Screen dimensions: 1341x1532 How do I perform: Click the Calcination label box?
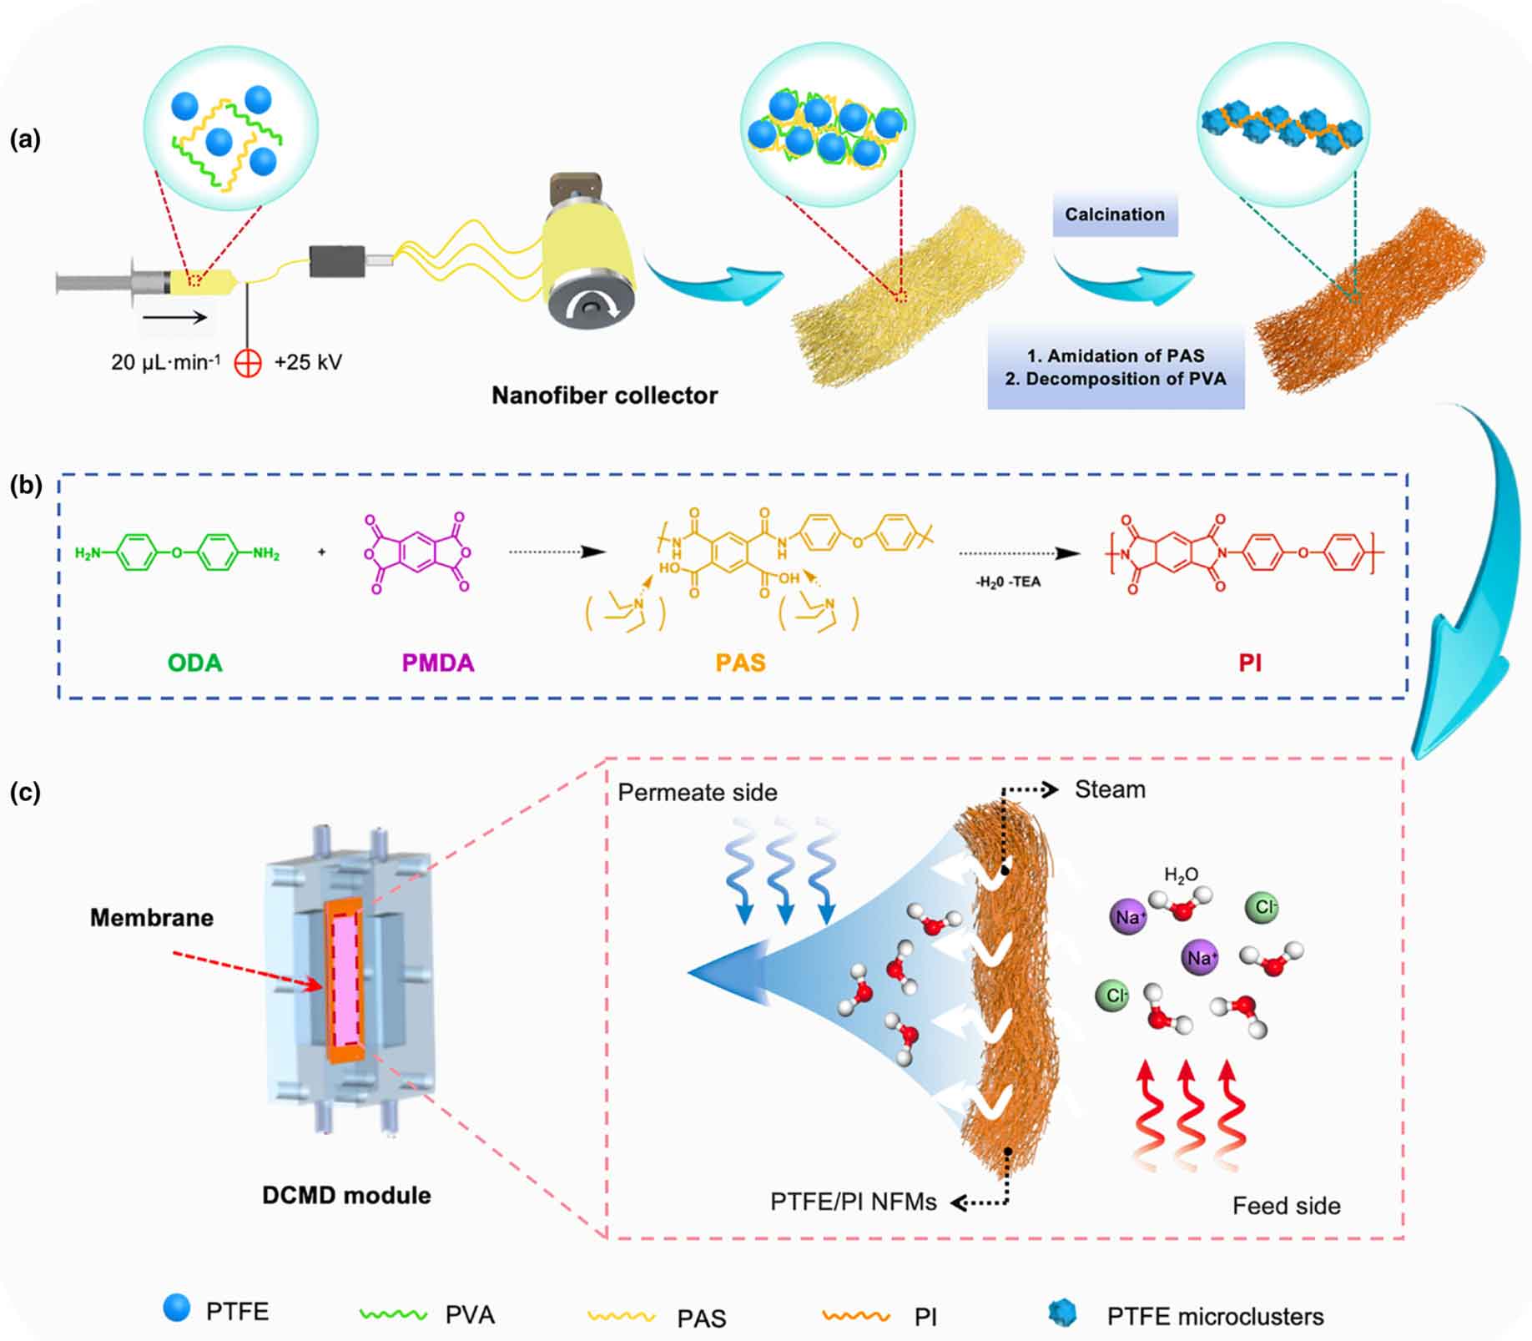tap(1115, 214)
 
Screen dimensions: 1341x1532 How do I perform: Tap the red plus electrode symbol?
tap(248, 363)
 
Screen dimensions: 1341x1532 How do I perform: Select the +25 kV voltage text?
tap(308, 362)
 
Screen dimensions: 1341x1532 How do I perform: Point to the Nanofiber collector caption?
tap(604, 395)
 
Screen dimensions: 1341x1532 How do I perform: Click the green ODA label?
tap(195, 663)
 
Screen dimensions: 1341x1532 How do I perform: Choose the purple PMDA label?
tap(438, 663)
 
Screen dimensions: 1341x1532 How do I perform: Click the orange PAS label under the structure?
tap(740, 663)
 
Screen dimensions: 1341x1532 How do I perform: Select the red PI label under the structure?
tap(1249, 663)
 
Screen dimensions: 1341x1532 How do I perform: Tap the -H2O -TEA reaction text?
tap(1008, 582)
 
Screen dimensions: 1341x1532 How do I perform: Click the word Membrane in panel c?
tap(152, 918)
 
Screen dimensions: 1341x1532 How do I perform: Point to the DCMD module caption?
tap(346, 1195)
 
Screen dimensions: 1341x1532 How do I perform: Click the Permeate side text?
tap(698, 792)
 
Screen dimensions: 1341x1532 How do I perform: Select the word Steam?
tap(1110, 789)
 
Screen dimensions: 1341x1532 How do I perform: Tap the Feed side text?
tap(1286, 1206)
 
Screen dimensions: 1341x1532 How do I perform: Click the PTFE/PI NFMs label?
tap(853, 1202)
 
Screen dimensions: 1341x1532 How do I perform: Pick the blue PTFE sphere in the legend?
tap(177, 1308)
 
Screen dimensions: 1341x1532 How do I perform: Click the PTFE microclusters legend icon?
tap(1062, 1313)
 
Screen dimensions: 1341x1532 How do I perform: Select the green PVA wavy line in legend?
tap(393, 1313)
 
